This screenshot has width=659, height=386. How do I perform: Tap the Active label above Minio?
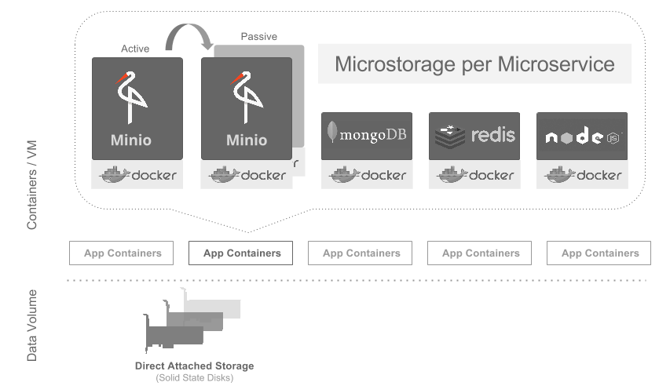pos(135,49)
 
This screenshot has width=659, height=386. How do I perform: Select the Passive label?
pos(258,36)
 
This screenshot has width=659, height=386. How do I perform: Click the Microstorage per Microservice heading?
pos(474,64)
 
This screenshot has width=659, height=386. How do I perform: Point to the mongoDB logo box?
pos(366,136)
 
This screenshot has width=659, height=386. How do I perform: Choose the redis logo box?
pos(474,136)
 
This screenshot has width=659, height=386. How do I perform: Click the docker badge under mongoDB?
pos(366,175)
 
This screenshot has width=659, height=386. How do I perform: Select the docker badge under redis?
pos(474,175)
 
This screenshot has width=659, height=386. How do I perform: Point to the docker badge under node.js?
pos(582,175)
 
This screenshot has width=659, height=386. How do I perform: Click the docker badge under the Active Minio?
pos(137,175)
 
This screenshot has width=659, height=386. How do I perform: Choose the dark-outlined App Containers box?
pos(241,253)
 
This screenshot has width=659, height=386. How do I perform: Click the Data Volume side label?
pos(32,326)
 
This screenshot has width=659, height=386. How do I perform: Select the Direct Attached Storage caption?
pos(194,366)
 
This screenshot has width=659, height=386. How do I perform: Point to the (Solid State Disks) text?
pos(194,377)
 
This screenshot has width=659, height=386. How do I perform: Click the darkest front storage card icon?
pos(174,336)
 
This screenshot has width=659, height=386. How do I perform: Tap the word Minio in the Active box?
pos(131,140)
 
